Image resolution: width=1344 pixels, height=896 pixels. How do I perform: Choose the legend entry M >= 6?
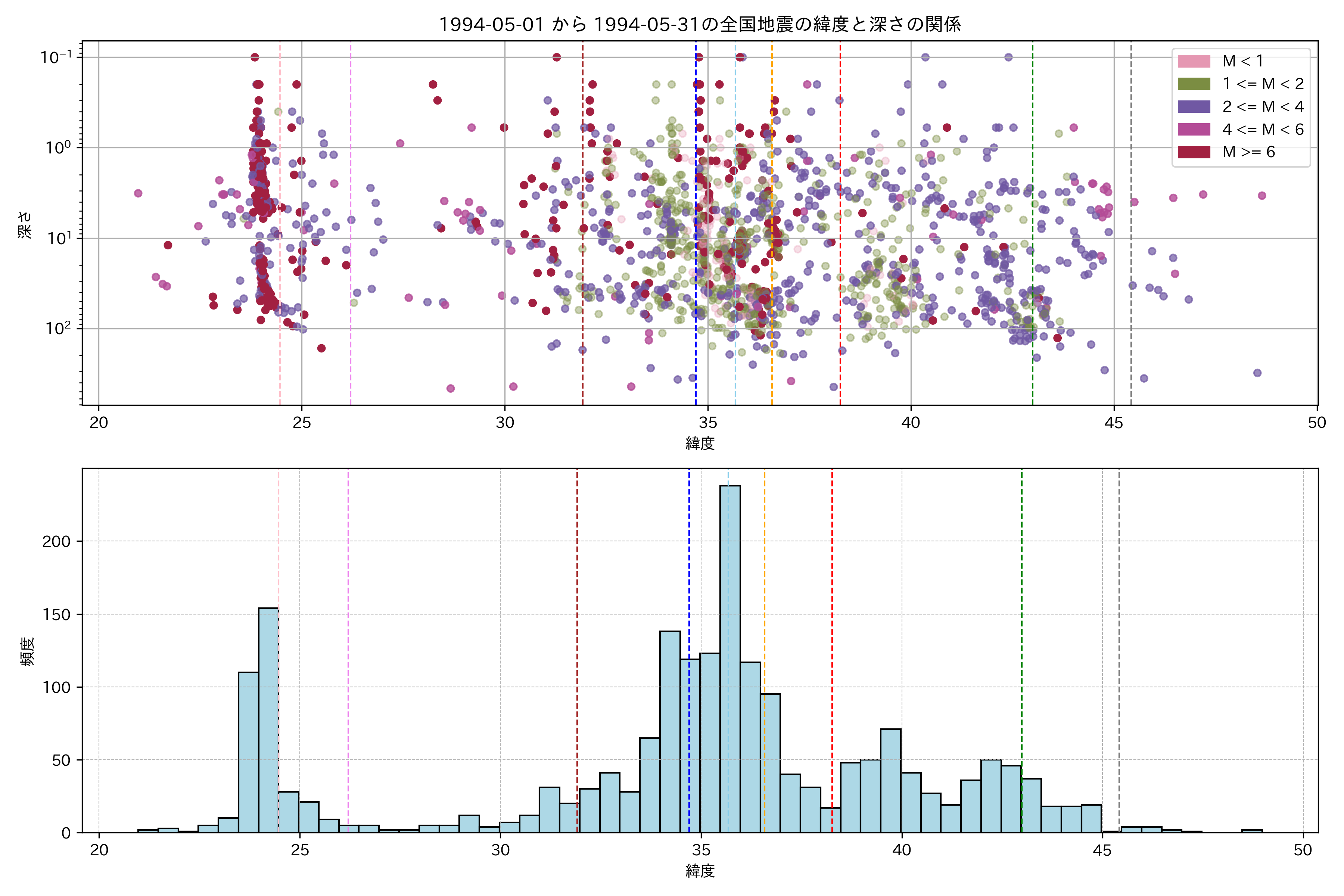point(1248,152)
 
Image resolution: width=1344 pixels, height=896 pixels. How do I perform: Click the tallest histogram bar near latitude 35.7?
point(730,657)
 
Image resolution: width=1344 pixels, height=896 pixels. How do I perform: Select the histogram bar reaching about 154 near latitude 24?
point(268,720)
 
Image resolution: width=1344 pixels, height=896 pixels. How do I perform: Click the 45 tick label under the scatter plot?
point(1113,423)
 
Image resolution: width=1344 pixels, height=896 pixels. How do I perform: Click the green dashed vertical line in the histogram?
point(1022,629)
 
